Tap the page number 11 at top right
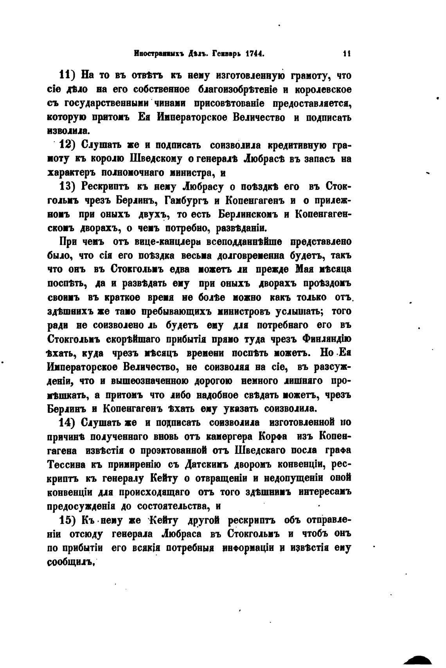(346, 54)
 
